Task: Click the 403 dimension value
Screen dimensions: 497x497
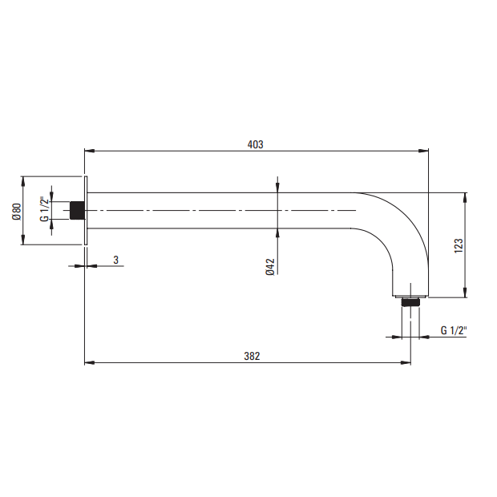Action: pos(255,144)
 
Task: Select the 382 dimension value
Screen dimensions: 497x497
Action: pos(252,356)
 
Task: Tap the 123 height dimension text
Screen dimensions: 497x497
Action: pos(459,245)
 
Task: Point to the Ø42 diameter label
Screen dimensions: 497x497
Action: pos(270,267)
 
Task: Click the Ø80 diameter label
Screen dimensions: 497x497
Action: pos(17,212)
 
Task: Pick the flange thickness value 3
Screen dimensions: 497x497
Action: pos(116,260)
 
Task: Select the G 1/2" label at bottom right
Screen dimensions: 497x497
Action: pos(454,330)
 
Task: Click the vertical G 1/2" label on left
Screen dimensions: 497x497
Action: pos(44,209)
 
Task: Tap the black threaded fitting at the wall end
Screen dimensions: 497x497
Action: pos(77,211)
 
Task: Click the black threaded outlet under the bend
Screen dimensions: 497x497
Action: pos(410,301)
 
